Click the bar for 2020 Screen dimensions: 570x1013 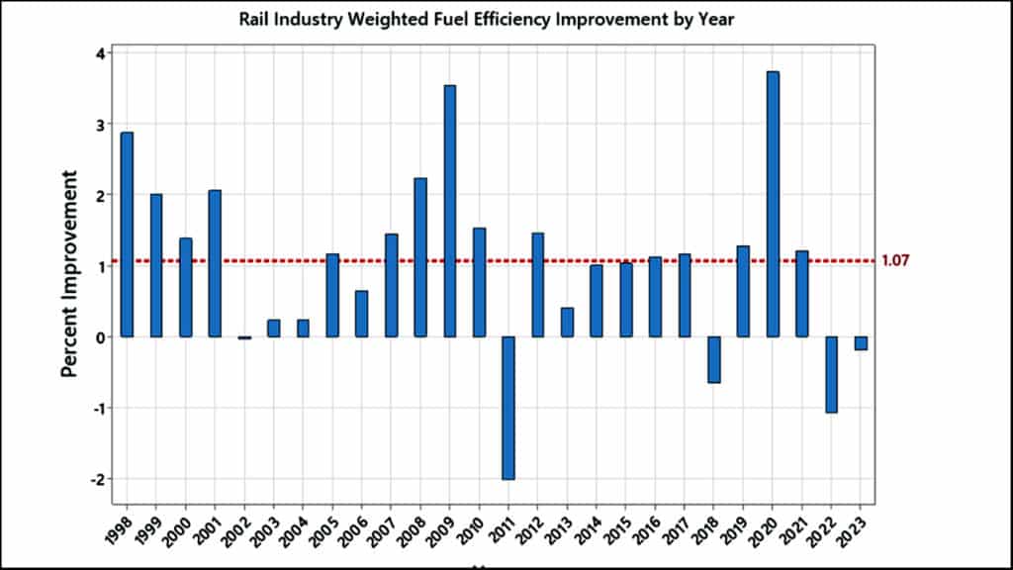773,204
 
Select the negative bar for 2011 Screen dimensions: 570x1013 508,408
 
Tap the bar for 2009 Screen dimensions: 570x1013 450,211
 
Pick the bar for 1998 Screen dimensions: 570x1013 127,235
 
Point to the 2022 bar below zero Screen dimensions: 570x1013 832,374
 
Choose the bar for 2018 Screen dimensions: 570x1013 714,359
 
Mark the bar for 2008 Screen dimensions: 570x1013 420,257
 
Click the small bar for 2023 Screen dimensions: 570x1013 861,343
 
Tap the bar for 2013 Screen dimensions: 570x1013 567,323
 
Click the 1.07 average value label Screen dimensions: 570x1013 894,261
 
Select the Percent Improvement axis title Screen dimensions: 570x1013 69,272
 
